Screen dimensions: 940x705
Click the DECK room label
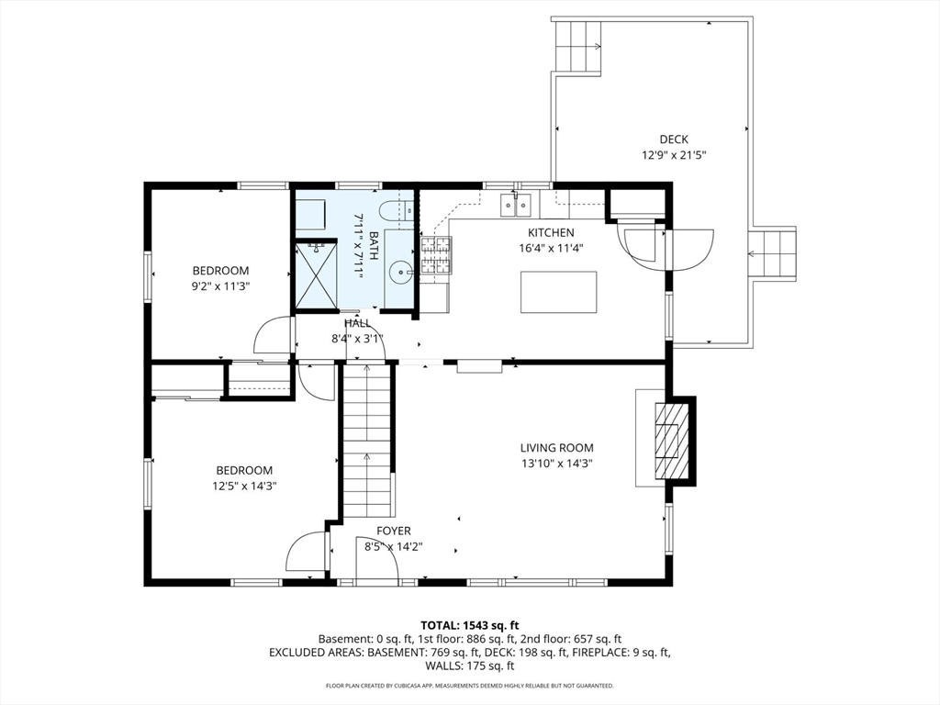tap(673, 140)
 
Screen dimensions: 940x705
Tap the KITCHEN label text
tap(551, 232)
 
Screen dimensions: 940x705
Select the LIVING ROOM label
tap(557, 447)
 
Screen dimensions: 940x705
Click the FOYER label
tap(394, 532)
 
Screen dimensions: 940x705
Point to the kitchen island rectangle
tap(559, 292)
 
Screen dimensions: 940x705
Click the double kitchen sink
tap(516, 205)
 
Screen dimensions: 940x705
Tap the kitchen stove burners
tap(436, 255)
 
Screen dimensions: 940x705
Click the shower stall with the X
tap(317, 275)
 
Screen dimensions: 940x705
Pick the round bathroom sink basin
tap(399, 274)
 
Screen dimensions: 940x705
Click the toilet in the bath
tap(397, 209)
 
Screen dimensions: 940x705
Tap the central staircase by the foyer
tap(367, 440)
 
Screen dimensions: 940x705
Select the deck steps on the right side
tap(773, 253)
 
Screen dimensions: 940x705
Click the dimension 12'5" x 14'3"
tap(244, 487)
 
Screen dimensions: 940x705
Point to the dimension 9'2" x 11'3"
tap(220, 286)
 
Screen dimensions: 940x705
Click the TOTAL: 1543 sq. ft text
tap(469, 626)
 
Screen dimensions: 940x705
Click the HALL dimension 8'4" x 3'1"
tap(357, 339)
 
